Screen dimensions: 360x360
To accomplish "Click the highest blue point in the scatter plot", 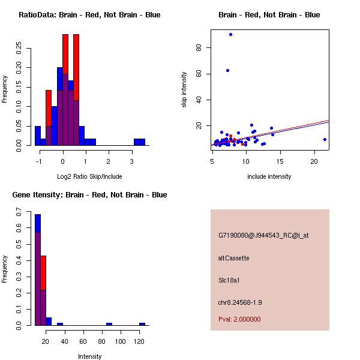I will coord(230,34).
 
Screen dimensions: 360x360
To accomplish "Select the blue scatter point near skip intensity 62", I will coord(227,70).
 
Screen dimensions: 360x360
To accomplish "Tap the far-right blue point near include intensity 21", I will coord(325,139).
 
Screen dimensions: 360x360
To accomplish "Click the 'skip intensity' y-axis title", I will coord(185,90).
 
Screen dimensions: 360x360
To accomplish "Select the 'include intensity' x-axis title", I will coord(269,176).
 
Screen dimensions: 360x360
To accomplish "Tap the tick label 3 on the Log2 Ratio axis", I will coord(132,161).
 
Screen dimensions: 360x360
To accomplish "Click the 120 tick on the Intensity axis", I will coord(139,341).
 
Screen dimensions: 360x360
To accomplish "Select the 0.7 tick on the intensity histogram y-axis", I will coord(19,213).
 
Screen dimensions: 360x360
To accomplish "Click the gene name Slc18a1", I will coord(230,280).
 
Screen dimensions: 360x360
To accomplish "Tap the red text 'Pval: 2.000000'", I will coord(239,319).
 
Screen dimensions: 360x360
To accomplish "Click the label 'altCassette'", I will coord(233,258).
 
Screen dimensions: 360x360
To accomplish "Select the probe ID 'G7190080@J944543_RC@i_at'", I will coord(263,236).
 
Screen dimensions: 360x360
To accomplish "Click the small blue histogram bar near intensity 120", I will coord(142,324).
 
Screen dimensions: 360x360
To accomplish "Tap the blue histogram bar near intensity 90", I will coord(109,324).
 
